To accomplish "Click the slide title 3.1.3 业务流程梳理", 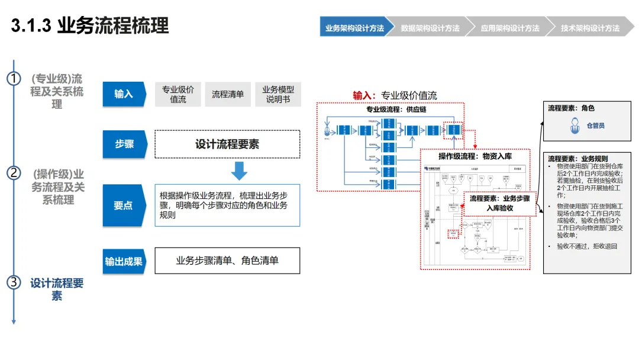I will pos(90,26).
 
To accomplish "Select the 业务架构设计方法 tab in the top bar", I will pos(354,28).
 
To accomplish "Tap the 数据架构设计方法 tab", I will pos(430,28).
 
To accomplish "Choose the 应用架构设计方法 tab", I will pos(509,28).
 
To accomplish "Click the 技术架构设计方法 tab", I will pos(590,28).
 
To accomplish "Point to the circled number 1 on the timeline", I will pos(14,79).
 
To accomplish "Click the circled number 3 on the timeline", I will pos(14,282).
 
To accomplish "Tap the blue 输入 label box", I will pos(124,94).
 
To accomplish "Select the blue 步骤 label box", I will pos(124,144).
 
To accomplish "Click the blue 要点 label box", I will pos(124,205).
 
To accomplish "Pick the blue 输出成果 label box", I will pos(124,261).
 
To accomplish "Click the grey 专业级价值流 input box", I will pos(178,94).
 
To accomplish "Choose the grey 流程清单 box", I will pos(228,94).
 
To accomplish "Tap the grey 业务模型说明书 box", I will pos(278,94).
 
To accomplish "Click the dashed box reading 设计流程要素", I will pos(227,144).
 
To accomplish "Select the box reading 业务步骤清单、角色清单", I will pos(227,261).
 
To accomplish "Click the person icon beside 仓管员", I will pos(573,126).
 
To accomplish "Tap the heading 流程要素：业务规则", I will pos(577,159).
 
